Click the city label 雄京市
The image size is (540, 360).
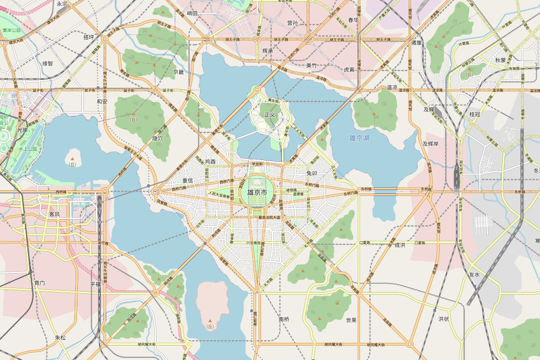click(x=257, y=192)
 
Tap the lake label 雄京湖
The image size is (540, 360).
click(x=359, y=138)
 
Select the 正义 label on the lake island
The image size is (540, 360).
click(x=270, y=115)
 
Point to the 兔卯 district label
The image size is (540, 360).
click(x=312, y=173)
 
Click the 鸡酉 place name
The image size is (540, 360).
click(x=210, y=162)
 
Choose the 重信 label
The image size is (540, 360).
click(x=187, y=180)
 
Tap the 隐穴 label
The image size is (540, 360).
click(x=157, y=139)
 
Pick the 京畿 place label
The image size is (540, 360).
click(x=179, y=72)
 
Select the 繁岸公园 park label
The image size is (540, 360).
click(x=12, y=31)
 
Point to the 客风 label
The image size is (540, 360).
click(x=54, y=214)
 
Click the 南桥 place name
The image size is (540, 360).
click(x=284, y=319)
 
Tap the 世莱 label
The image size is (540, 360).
click(x=351, y=320)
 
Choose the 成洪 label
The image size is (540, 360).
click(x=400, y=245)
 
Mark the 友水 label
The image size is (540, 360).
click(x=474, y=274)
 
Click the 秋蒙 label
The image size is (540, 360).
click(x=500, y=60)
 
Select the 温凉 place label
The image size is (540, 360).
click(x=392, y=87)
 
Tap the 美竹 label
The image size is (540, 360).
click(x=311, y=65)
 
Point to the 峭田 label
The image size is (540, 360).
click(x=192, y=13)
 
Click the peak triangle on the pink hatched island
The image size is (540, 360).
click(x=210, y=321)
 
